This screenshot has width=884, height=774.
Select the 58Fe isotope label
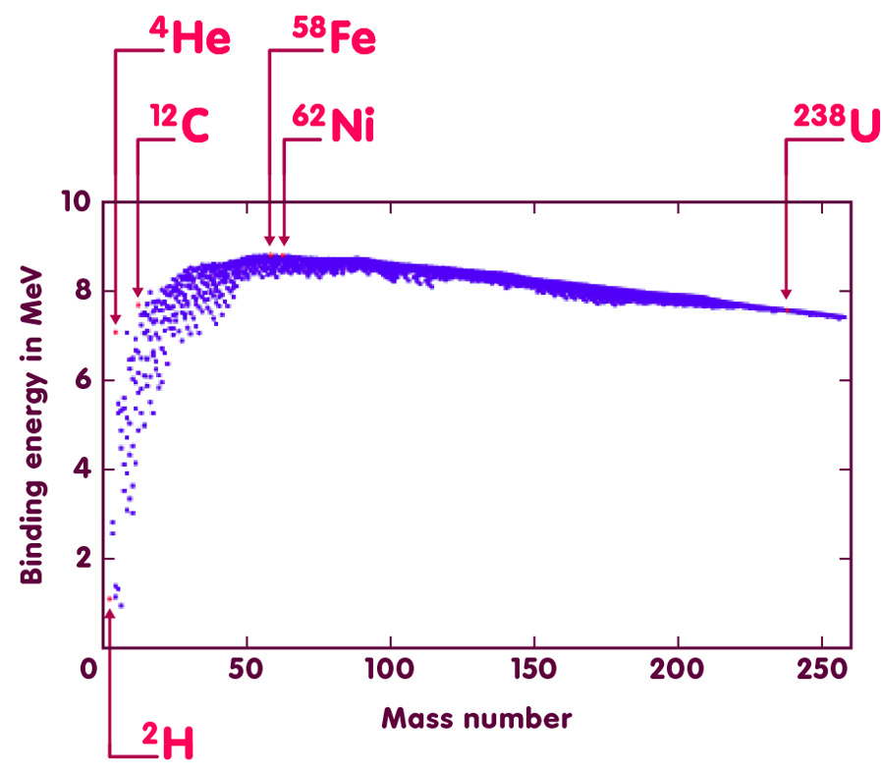pyautogui.click(x=334, y=39)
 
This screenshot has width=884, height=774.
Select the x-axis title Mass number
pyautogui.click(x=476, y=718)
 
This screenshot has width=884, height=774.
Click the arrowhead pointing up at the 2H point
pyautogui.click(x=109, y=614)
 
